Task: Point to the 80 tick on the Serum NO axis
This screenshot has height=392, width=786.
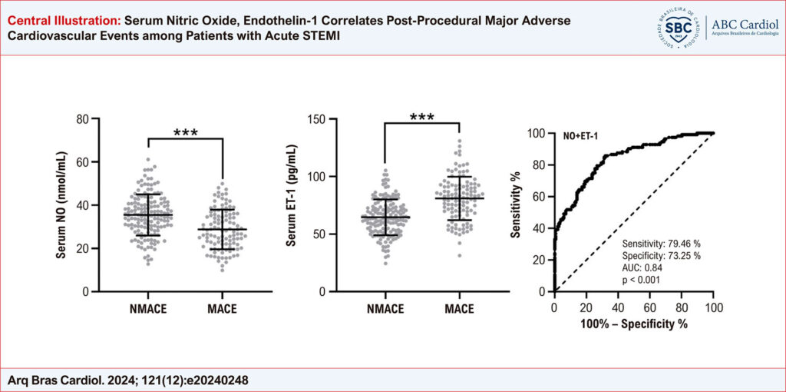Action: [x=81, y=119]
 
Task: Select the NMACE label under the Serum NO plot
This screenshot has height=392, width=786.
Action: [x=147, y=310]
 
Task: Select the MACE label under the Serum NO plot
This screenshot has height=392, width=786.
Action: [x=222, y=310]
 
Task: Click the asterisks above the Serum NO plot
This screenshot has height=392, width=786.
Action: [x=184, y=132]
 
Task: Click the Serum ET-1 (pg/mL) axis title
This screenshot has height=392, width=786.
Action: [x=292, y=204]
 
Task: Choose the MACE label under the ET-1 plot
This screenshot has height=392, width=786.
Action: [x=459, y=310]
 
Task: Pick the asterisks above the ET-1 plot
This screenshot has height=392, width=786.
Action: [x=421, y=118]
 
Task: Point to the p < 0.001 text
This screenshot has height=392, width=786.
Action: [x=641, y=281]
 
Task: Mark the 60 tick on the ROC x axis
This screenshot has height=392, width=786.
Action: [x=649, y=307]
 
